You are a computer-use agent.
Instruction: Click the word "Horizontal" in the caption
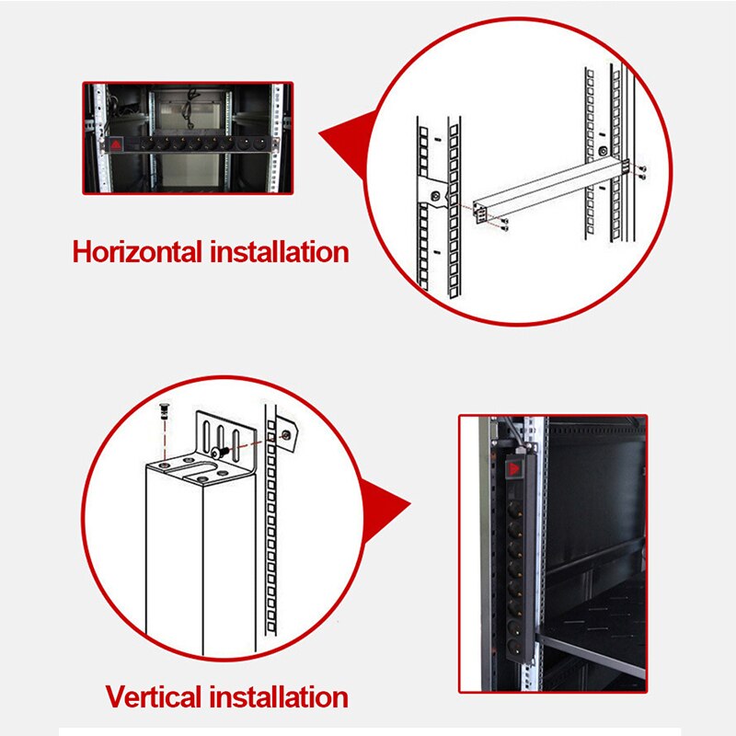138,251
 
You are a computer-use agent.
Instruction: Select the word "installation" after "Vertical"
280,696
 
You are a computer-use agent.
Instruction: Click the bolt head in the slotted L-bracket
221,452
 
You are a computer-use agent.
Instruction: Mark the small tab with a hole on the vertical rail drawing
287,432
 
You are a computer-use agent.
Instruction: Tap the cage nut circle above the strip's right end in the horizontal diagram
601,150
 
